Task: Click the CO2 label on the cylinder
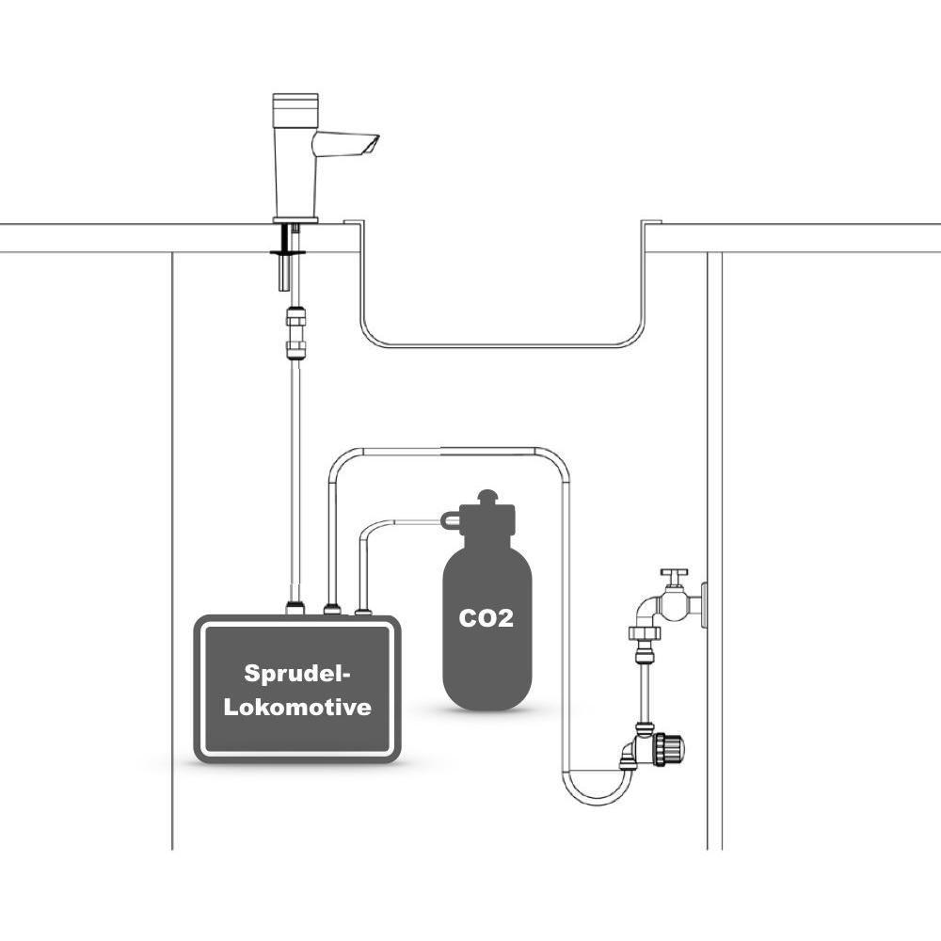tap(486, 618)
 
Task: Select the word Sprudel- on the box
tap(297, 674)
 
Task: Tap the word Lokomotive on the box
tap(297, 707)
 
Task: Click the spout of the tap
tap(345, 144)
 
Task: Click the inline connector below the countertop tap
tap(295, 332)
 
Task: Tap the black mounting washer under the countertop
tap(288, 252)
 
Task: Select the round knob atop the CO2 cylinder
tap(487, 498)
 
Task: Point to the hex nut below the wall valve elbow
tap(644, 632)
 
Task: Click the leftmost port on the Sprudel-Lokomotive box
tap(295, 609)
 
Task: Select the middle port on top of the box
tap(332, 610)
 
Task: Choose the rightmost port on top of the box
tap(363, 612)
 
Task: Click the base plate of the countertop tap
tap(295, 219)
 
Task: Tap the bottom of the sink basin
tap(502, 344)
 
